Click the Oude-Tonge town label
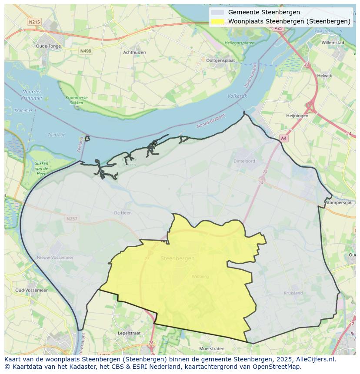click(48, 46)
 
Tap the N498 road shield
click(86, 51)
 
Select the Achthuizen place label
click(134, 53)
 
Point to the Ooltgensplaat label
click(221, 61)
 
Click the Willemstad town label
click(333, 43)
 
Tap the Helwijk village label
click(324, 76)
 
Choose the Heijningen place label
click(297, 116)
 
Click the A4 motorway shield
click(283, 138)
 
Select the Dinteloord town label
click(244, 161)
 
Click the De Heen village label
click(123, 213)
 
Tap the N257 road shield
click(72, 218)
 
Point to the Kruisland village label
click(293, 293)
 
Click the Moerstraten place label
click(211, 349)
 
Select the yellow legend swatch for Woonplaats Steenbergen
click(218, 21)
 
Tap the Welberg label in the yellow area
click(200, 276)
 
